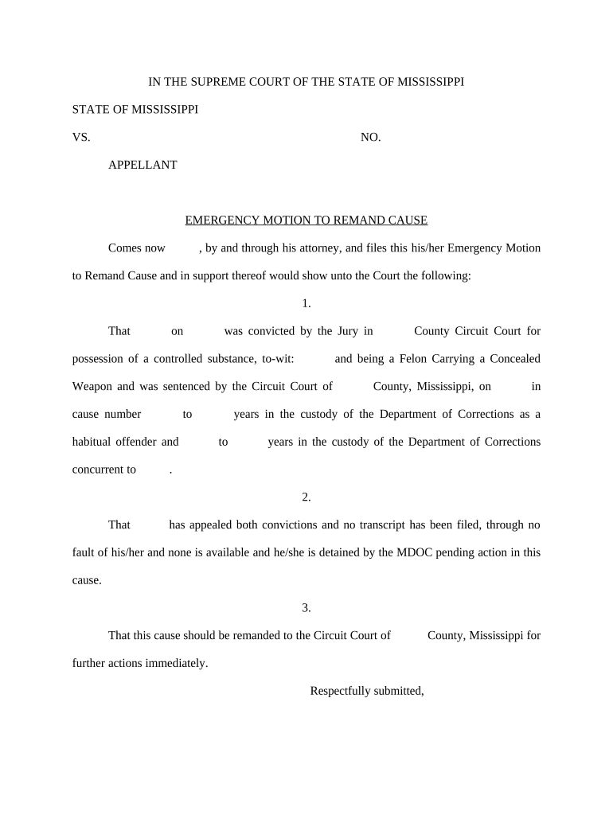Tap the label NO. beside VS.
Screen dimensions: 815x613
tap(370, 137)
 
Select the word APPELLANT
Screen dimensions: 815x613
tap(143, 165)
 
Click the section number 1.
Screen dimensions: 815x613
tap(306, 303)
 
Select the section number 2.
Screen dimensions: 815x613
tap(306, 497)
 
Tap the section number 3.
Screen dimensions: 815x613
tap(306, 608)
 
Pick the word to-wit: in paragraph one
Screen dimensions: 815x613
tap(279, 359)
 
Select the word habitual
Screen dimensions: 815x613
tap(94, 442)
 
